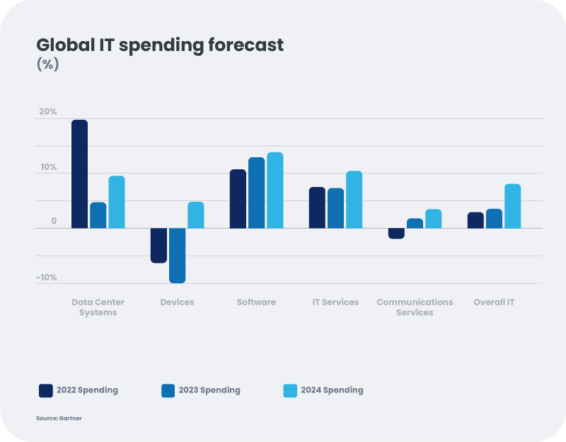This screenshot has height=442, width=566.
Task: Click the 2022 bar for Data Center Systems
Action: click(79, 174)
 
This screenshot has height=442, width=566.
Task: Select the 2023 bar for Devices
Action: click(177, 255)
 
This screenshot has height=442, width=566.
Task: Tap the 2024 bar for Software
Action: click(275, 190)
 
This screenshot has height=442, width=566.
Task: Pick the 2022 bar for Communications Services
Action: click(396, 233)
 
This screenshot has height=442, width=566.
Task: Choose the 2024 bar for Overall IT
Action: click(512, 206)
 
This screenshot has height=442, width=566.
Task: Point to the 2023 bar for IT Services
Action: click(335, 208)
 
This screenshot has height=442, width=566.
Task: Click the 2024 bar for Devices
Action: click(195, 215)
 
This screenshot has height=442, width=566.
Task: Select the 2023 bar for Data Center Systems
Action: click(98, 215)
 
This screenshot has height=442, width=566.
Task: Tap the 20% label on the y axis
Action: click(48, 112)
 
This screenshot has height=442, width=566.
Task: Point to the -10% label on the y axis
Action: click(47, 278)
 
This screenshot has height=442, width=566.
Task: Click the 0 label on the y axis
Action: click(54, 222)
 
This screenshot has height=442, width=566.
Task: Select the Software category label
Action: click(256, 302)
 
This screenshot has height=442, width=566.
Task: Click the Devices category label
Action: click(177, 302)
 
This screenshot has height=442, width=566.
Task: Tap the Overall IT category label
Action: click(494, 302)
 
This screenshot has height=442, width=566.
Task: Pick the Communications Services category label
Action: click(415, 307)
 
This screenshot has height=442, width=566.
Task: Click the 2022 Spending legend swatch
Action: click(46, 390)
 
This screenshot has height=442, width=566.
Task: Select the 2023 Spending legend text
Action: click(209, 390)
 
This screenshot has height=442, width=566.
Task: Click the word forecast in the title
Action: click(245, 45)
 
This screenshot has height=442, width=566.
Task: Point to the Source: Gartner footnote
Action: click(59, 419)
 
